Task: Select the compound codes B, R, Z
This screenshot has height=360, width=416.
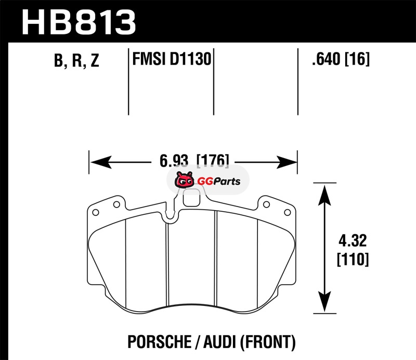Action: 76,60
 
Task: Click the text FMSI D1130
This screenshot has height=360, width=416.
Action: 172,59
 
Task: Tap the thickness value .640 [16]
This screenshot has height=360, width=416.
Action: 341,59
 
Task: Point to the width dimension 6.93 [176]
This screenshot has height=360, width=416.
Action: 194,160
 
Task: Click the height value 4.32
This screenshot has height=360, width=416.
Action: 353,240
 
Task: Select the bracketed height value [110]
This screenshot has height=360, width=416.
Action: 353,259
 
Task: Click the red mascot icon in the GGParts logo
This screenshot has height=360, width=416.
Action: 184,180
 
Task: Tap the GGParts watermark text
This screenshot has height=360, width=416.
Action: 219,182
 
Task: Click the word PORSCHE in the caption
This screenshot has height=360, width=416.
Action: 160,342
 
